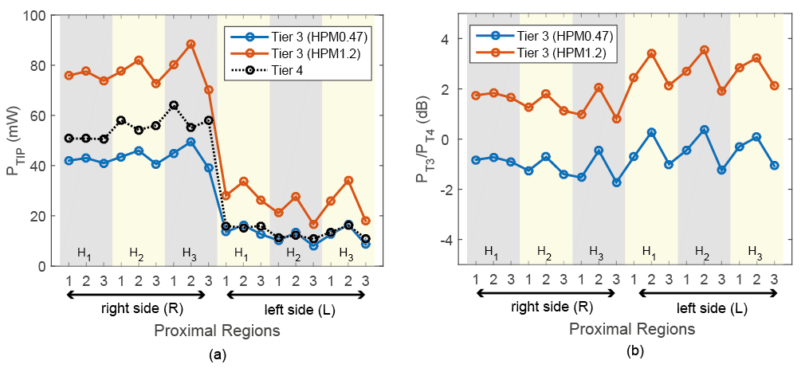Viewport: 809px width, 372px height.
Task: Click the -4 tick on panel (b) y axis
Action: (448, 239)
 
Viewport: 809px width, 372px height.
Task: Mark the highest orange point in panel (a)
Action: (191, 44)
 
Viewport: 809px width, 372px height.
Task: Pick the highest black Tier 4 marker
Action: (174, 105)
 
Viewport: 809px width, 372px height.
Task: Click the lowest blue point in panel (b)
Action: (616, 182)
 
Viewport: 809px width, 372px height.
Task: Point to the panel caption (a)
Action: (216, 356)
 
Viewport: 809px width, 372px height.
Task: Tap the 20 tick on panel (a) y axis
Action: (38, 216)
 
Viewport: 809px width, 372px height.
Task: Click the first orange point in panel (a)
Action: (69, 75)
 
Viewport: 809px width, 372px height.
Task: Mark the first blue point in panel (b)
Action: (475, 160)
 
